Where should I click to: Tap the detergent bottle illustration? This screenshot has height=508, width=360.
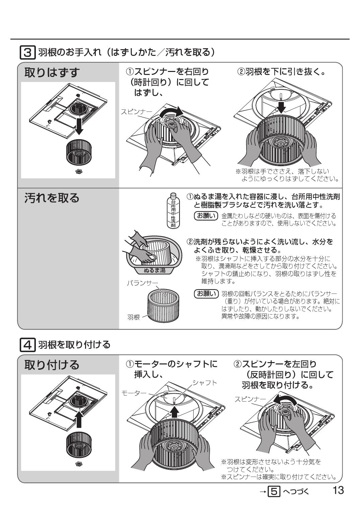click(173, 211)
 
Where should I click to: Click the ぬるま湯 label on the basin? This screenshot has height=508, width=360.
click(154, 270)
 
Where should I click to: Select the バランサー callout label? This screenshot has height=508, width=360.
click(142, 283)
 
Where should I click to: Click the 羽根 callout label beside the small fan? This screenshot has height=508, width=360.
click(133, 317)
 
